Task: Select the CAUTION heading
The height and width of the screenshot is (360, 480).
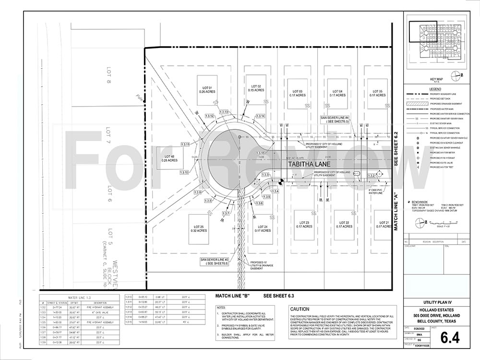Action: [x=300, y=309]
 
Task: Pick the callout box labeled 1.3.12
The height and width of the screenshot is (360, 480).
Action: [x=209, y=116]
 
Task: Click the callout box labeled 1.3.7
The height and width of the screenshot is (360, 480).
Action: [x=227, y=213]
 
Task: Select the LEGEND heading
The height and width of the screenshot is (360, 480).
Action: [x=435, y=89]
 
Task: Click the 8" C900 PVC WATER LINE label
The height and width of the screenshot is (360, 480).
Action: [x=375, y=193]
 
